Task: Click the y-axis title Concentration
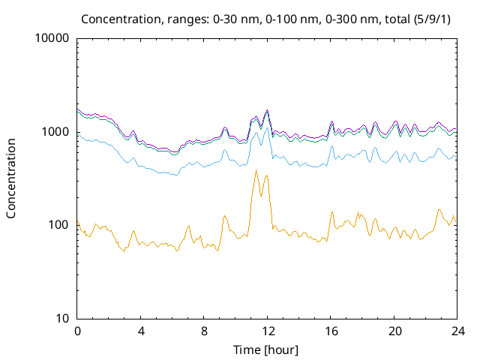click(11, 178)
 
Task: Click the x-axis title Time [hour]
click(266, 349)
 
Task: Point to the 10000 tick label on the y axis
click(52, 39)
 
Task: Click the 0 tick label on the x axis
click(77, 331)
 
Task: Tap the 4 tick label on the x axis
click(141, 331)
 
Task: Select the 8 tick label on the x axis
click(204, 331)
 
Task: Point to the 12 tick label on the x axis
click(267, 331)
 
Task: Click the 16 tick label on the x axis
click(331, 331)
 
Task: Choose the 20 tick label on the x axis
click(394, 331)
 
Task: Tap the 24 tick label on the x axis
click(457, 331)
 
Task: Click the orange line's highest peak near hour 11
click(256, 170)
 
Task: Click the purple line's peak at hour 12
click(267, 109)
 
